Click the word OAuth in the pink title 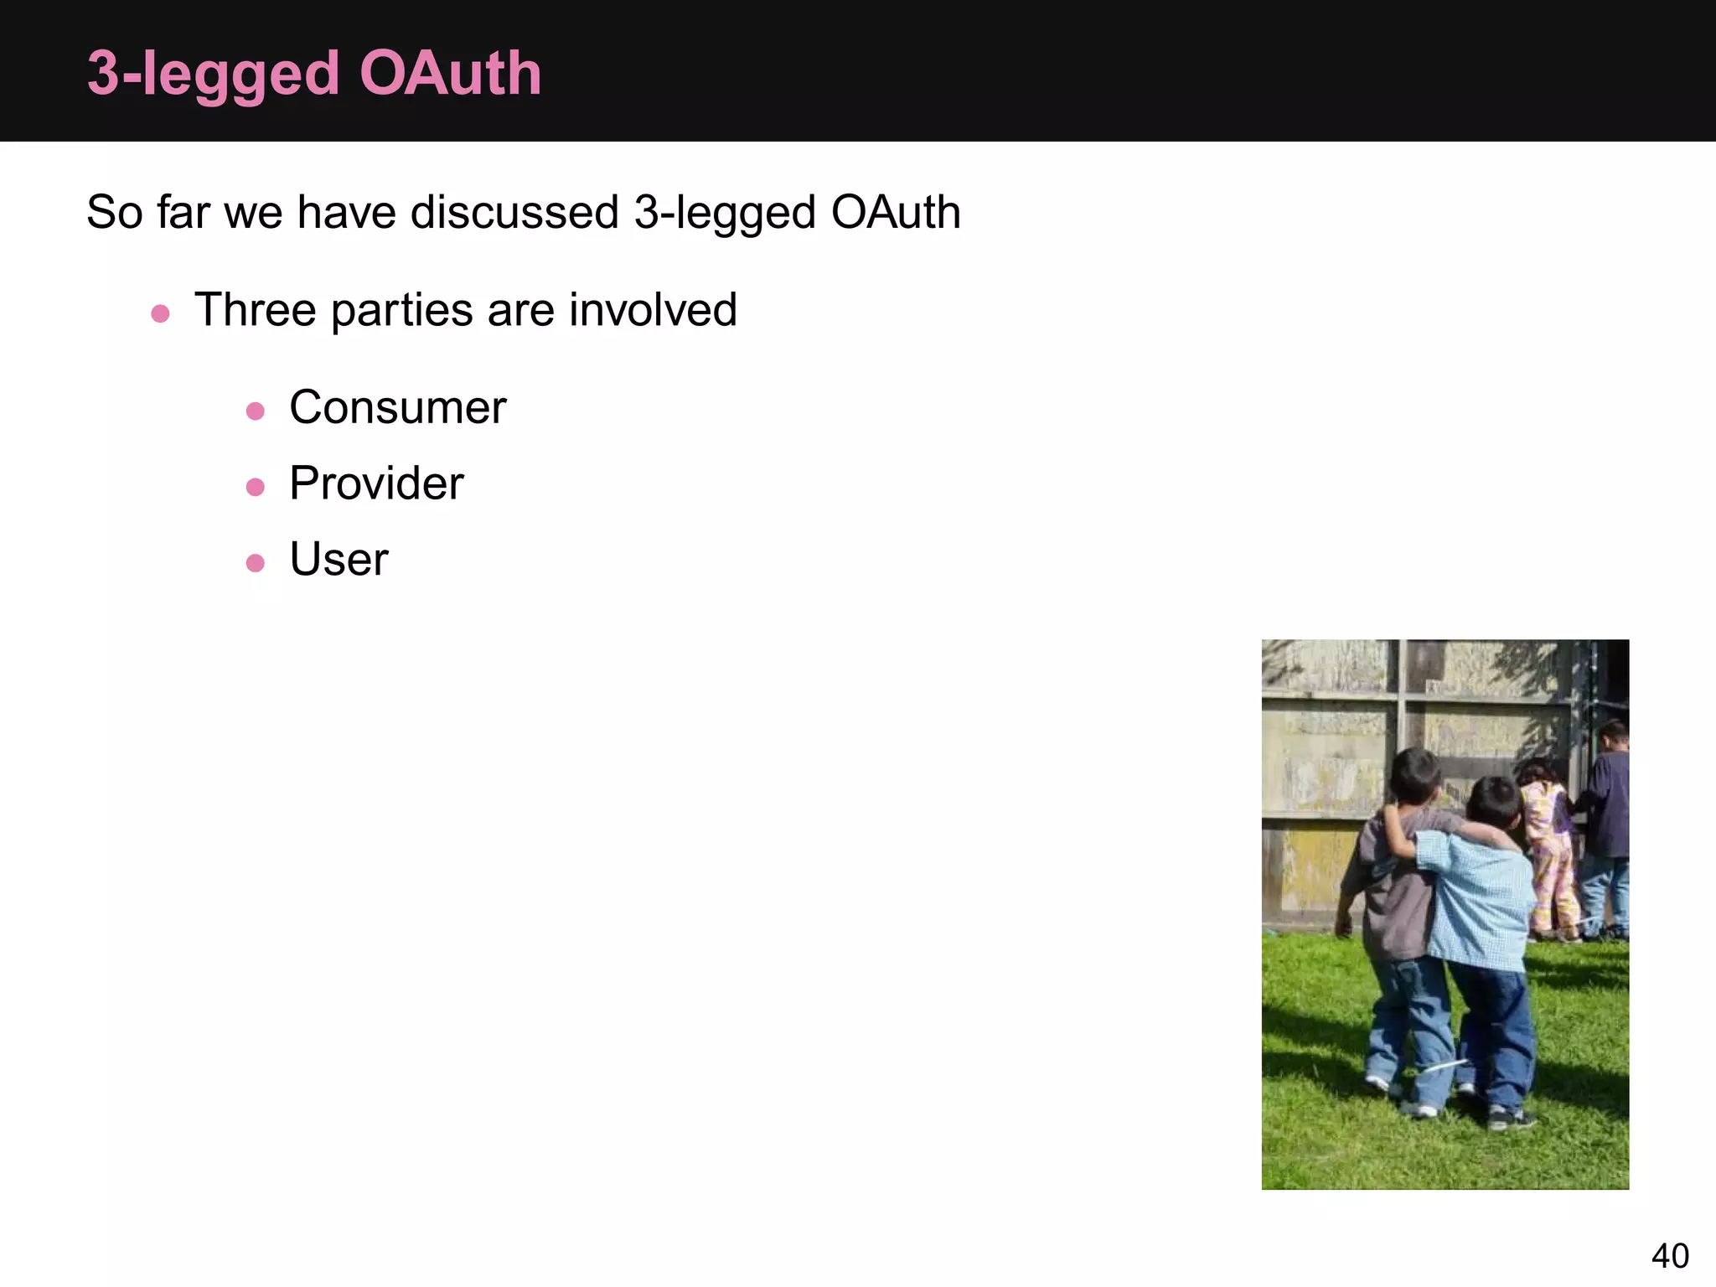click(450, 74)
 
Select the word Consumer click(397, 408)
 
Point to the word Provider click(376, 483)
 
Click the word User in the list click(339, 560)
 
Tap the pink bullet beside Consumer click(256, 411)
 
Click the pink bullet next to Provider click(256, 487)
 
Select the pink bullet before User click(256, 563)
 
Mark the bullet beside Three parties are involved click(160, 314)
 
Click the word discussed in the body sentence click(514, 212)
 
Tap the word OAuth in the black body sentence click(895, 212)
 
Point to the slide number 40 click(1670, 1256)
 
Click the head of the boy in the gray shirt click(1414, 775)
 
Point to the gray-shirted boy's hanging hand click(1343, 927)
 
